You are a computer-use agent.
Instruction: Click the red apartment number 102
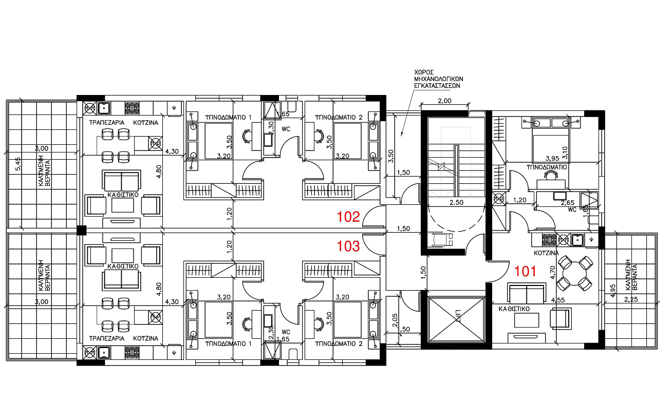(x=348, y=217)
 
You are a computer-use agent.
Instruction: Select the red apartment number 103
(x=348, y=246)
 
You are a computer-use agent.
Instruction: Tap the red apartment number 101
(x=525, y=271)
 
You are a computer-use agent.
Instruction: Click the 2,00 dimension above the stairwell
(x=444, y=101)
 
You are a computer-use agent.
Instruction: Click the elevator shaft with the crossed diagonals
(x=456, y=319)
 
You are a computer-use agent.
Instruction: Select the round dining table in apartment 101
(x=574, y=274)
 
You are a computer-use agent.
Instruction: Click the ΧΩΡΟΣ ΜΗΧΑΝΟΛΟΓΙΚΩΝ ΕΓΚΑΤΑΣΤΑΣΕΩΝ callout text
(x=439, y=79)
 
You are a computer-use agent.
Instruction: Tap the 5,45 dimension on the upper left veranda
(x=18, y=164)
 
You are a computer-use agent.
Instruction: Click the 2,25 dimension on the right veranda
(x=631, y=299)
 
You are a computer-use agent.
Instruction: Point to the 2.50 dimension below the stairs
(x=456, y=202)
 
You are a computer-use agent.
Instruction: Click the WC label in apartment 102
(x=286, y=129)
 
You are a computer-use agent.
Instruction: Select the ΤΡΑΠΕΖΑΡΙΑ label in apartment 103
(x=107, y=338)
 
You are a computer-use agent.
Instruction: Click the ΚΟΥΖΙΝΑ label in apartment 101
(x=546, y=253)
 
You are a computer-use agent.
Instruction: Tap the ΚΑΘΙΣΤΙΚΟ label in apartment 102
(x=123, y=195)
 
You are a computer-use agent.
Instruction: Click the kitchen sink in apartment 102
(x=104, y=108)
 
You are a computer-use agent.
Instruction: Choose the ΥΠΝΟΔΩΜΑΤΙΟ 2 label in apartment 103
(x=339, y=343)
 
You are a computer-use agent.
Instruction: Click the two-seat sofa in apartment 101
(x=527, y=293)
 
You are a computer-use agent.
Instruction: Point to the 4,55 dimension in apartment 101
(x=558, y=300)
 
